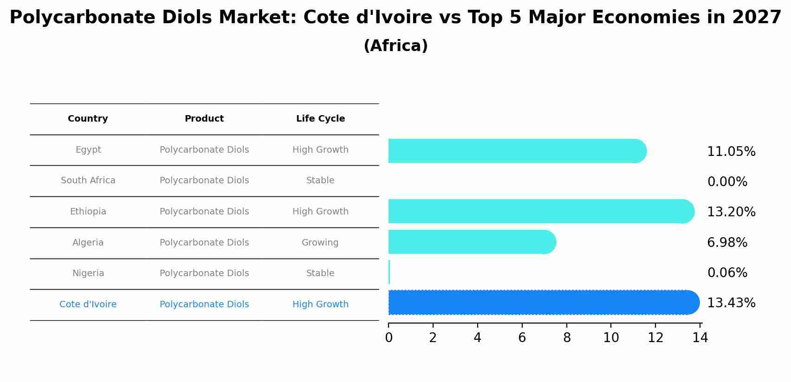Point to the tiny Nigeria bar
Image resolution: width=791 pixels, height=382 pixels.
[389, 272]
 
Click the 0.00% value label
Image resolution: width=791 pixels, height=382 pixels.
[727, 182]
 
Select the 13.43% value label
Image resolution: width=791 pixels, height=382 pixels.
[731, 303]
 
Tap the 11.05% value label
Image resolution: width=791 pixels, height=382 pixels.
[731, 152]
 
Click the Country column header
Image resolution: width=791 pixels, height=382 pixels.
[88, 119]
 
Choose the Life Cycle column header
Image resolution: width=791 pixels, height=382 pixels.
[320, 119]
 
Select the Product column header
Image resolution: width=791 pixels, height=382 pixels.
[204, 119]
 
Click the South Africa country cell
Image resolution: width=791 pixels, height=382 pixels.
[88, 181]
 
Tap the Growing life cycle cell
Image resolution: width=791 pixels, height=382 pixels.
[320, 243]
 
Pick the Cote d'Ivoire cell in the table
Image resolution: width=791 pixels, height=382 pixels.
[88, 304]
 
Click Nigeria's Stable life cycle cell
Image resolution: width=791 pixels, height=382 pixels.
[320, 273]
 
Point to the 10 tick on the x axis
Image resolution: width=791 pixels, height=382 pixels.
[611, 338]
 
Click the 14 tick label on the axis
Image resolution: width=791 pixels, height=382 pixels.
[700, 338]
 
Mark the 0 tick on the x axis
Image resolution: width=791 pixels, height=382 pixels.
[389, 338]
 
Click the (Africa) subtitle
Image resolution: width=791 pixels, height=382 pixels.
[395, 46]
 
